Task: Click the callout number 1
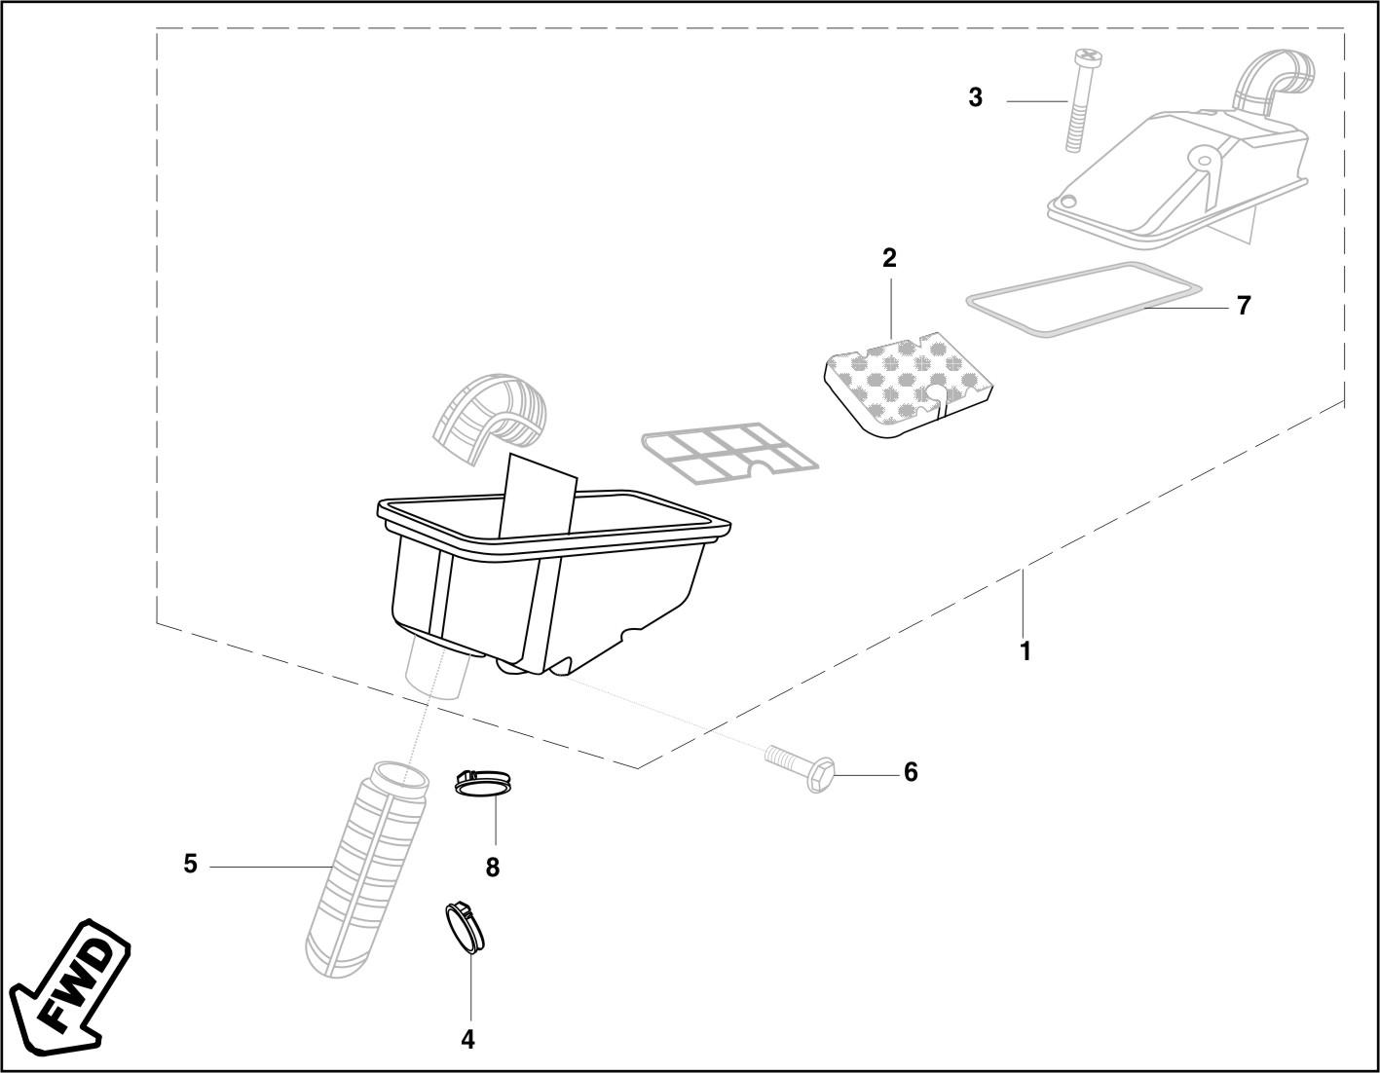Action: (1025, 650)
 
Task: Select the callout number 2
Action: (889, 258)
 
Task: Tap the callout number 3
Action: (975, 97)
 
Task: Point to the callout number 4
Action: (467, 1040)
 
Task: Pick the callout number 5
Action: (191, 864)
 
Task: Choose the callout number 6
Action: (911, 772)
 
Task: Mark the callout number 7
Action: (1243, 306)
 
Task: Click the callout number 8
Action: (493, 867)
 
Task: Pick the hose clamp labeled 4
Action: (465, 926)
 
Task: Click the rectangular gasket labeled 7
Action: (1083, 299)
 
